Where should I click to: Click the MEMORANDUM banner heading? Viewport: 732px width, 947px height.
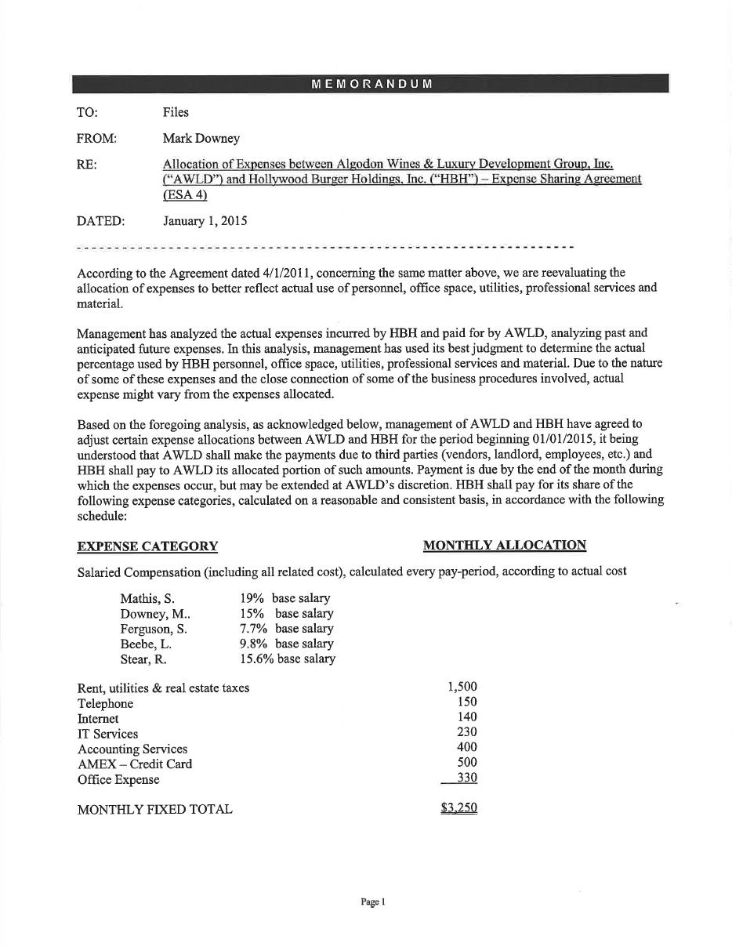coord(371,84)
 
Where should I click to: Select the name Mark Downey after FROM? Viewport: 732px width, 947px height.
coord(201,139)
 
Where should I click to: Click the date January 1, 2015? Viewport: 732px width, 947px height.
coord(205,221)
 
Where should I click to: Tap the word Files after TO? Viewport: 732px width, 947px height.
coord(176,112)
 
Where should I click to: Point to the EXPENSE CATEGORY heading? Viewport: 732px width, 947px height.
coord(147,546)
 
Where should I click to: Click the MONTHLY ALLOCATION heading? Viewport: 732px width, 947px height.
coord(504,546)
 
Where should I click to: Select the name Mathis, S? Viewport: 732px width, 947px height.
coord(147,599)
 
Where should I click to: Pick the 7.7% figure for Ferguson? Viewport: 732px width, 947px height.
coord(254,629)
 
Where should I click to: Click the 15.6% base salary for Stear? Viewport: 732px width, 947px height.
coord(287,659)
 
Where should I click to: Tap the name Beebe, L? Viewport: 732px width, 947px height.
coord(146,644)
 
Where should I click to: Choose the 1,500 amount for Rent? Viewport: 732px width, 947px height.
coord(462,687)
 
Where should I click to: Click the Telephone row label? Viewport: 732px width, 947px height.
coord(105,703)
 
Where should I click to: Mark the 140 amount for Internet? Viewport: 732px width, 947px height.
coord(467,717)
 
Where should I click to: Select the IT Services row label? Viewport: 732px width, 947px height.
coord(107,734)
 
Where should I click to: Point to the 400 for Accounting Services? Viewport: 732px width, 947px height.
coord(467,747)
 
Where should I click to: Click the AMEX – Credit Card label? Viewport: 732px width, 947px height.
coord(134,764)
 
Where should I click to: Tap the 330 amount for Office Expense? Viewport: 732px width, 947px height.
coord(467,778)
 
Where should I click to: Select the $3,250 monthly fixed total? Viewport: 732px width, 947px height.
coord(458,808)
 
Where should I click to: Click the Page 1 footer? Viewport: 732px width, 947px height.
coord(373,902)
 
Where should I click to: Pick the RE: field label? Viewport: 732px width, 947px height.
coord(86,165)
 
